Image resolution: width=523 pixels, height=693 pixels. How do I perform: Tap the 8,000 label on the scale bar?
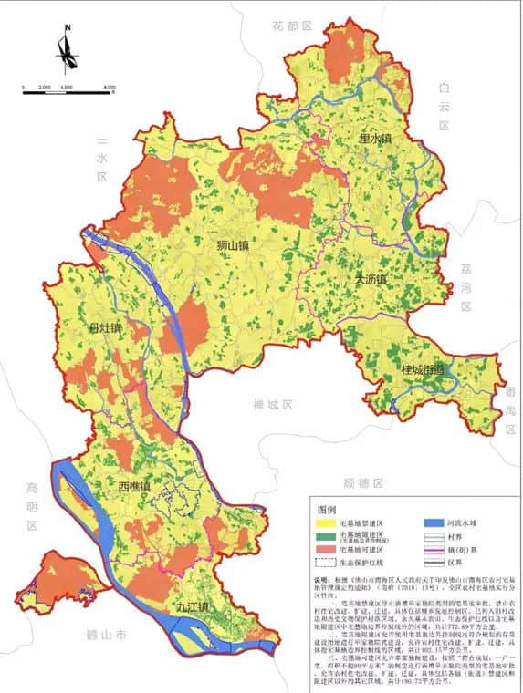point(110,87)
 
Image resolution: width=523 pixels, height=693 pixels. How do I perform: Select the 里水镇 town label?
point(374,139)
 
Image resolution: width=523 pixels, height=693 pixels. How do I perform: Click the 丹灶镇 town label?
point(106,326)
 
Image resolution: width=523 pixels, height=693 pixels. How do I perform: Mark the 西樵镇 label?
point(134,488)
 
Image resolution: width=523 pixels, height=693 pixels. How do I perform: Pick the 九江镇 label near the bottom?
point(194,605)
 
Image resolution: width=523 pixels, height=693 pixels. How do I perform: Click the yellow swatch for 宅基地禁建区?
point(325,523)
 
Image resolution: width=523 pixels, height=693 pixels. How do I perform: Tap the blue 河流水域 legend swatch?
point(433,523)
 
